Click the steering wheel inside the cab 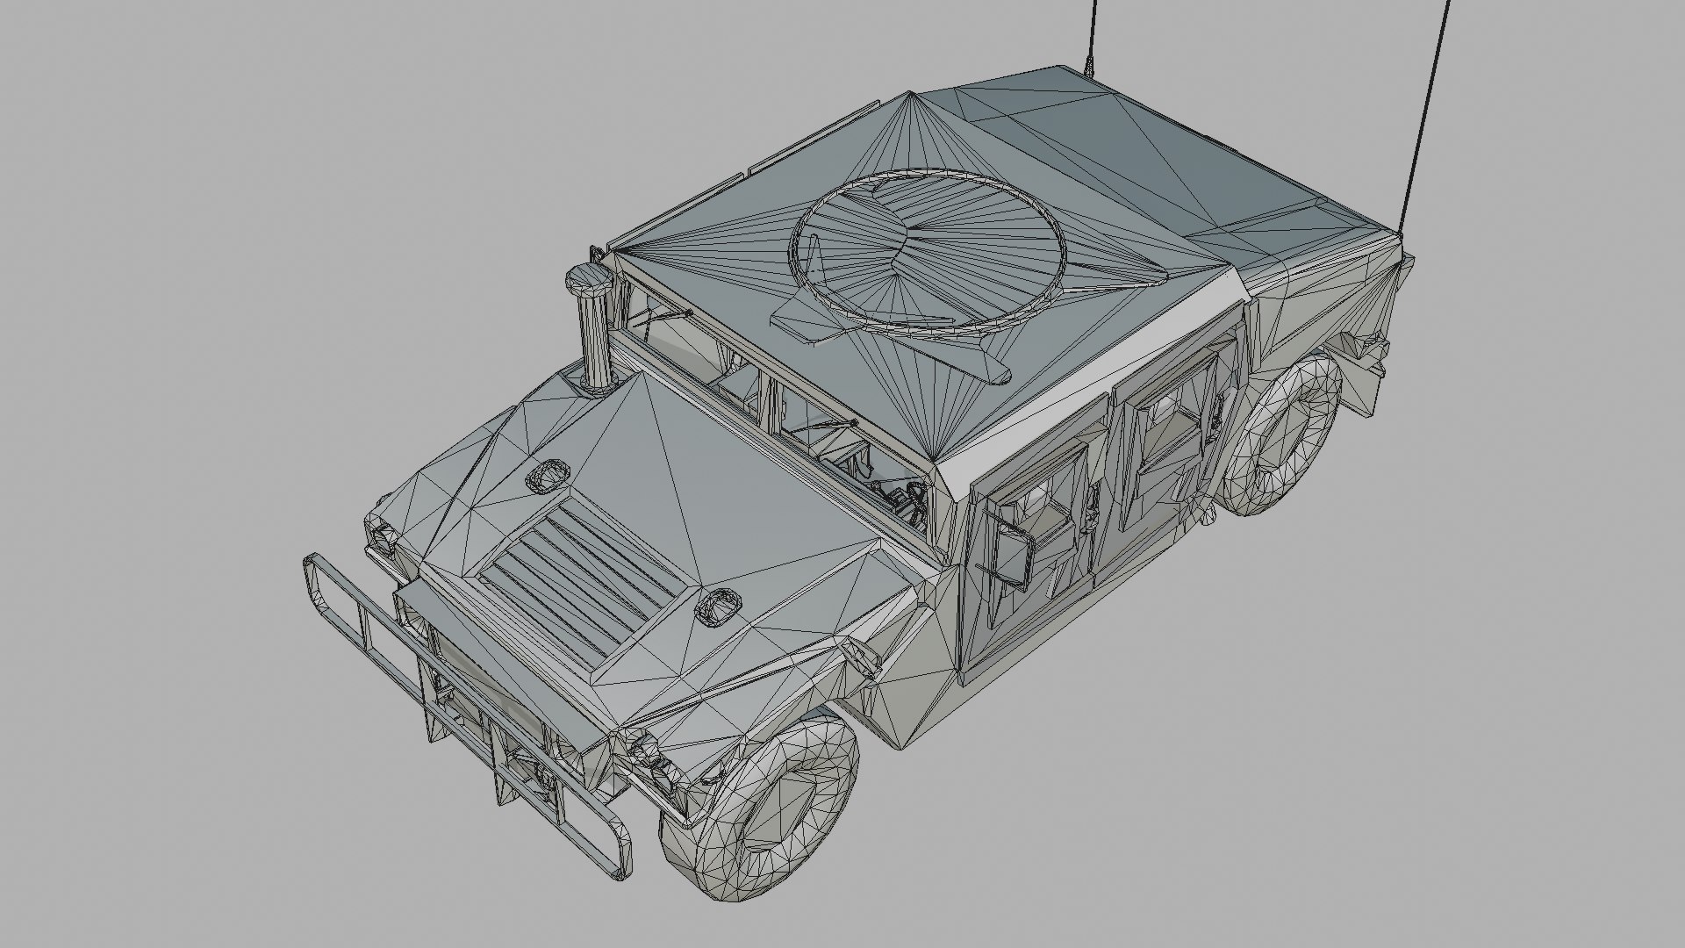tap(904, 504)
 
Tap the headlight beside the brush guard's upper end tap(383, 536)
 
